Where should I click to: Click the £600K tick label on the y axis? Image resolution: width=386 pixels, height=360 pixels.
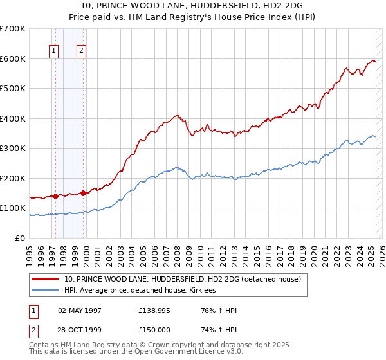(13, 59)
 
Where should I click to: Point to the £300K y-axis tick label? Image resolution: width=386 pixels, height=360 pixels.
(13, 148)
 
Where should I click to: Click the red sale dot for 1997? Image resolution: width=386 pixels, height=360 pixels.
(55, 196)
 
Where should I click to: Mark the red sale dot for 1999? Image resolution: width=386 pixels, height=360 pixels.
(84, 193)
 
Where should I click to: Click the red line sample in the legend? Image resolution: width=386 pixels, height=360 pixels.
(46, 279)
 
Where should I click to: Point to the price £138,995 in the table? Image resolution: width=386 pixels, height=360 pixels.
(153, 311)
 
